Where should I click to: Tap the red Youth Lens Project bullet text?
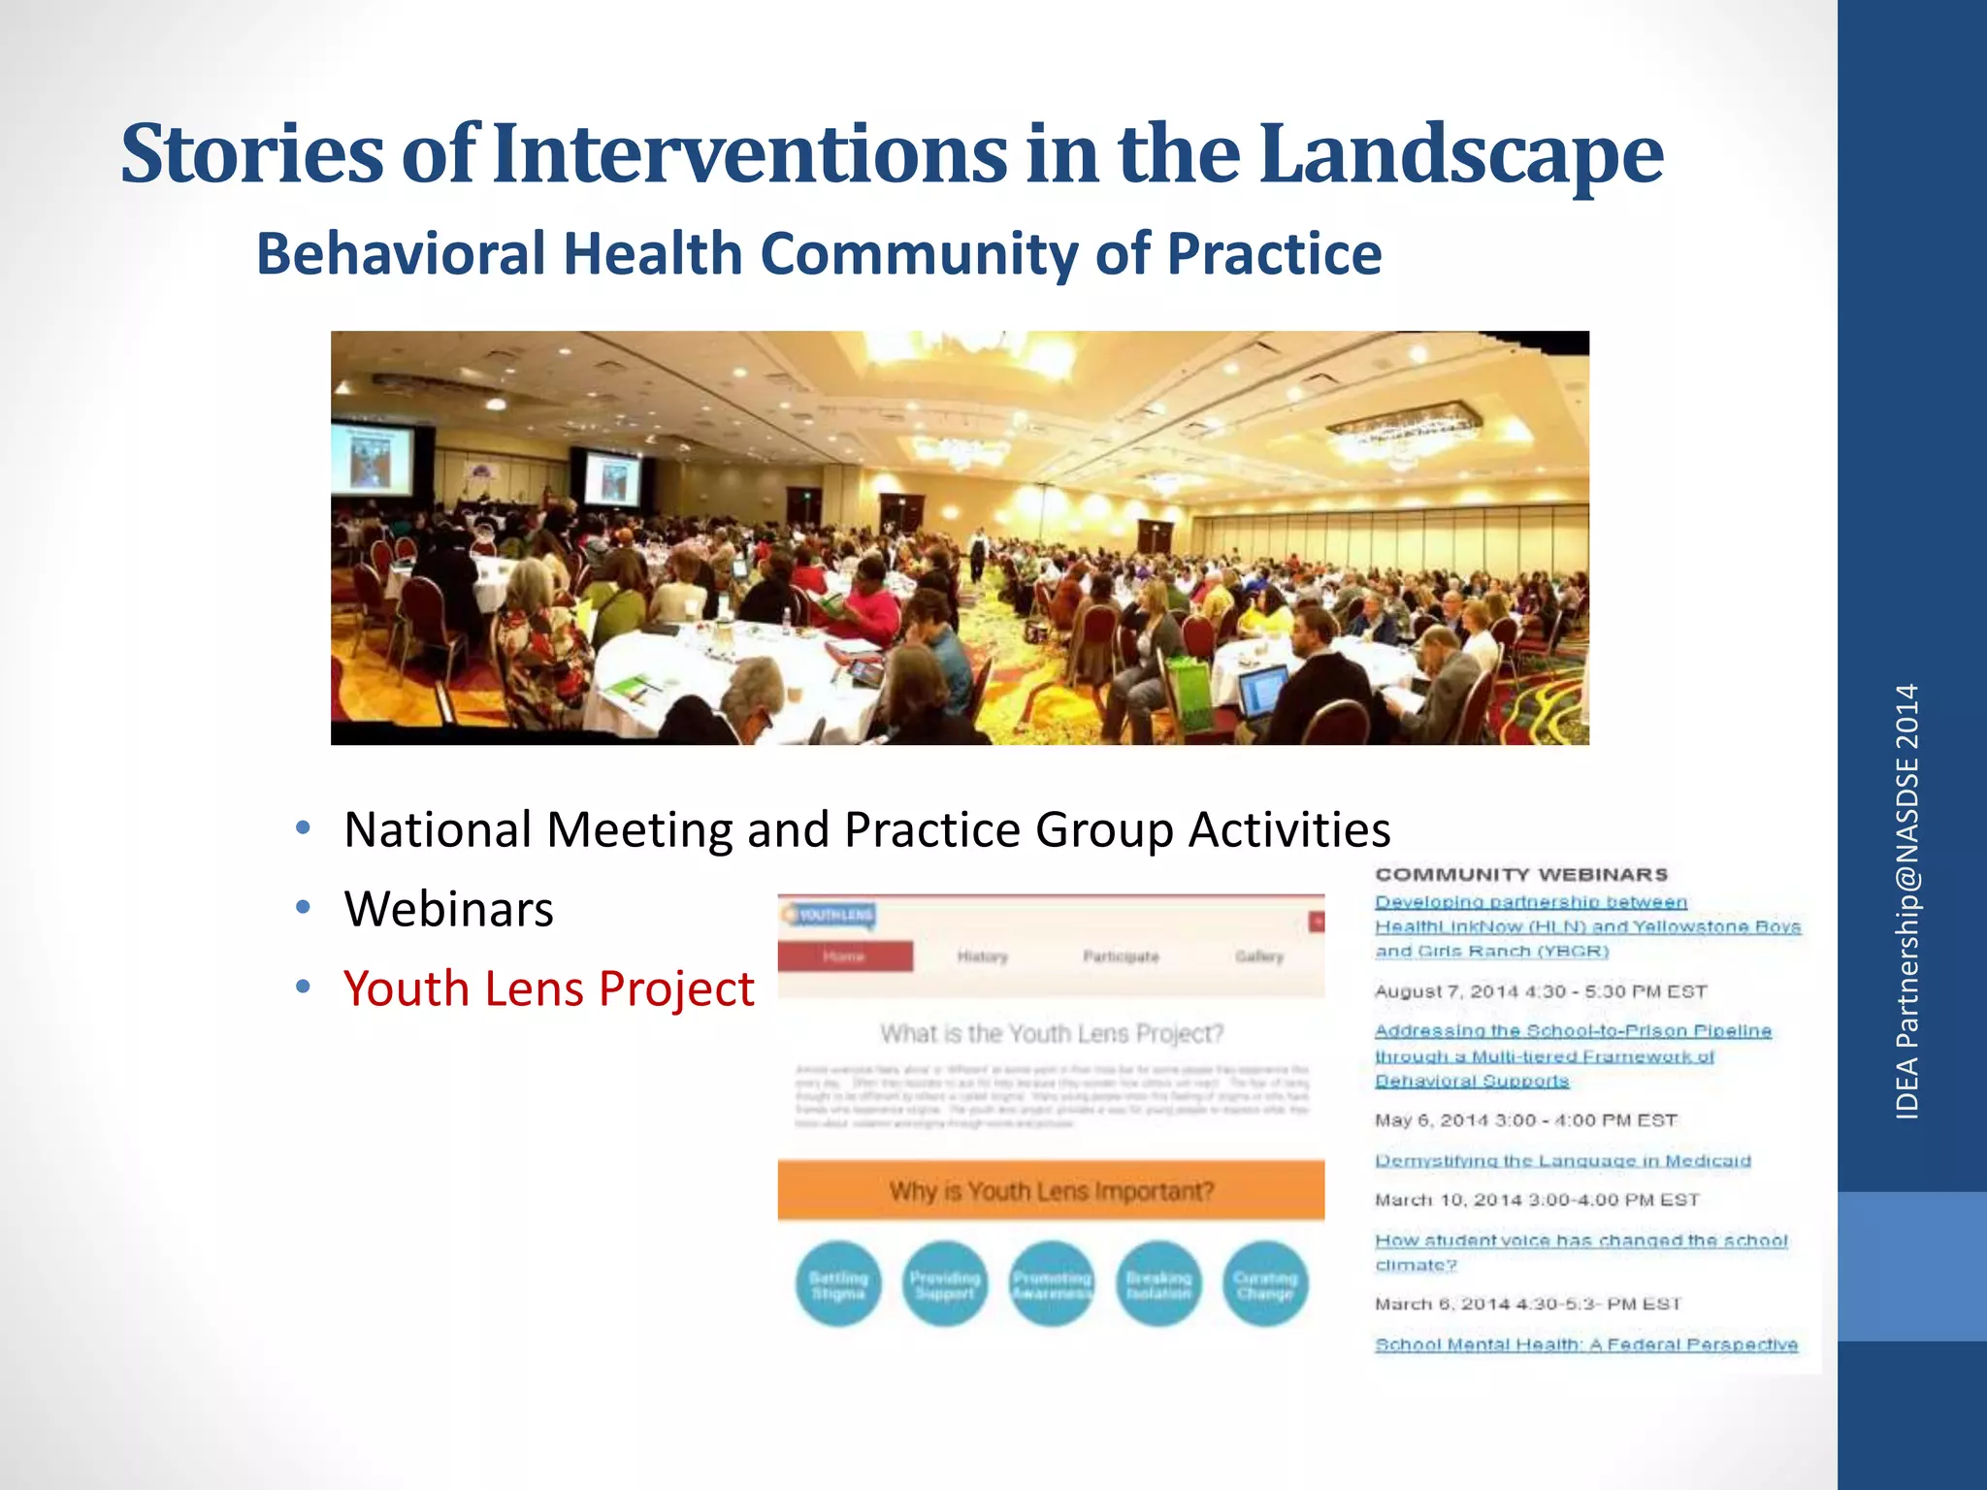548,988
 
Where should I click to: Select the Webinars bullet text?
448,909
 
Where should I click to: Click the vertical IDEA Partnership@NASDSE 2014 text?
1907,902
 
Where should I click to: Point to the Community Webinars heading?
1521,874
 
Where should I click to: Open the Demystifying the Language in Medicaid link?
1562,1160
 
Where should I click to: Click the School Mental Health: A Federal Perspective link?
1585,1344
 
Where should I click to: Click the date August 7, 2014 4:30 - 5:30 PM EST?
1540,991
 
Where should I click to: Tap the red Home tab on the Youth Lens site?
844,956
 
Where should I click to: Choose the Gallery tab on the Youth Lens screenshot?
1259,956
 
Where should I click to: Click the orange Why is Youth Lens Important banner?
1051,1190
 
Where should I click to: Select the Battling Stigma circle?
838,1284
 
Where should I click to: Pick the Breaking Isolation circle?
1158,1284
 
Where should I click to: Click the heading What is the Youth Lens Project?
1051,1034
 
